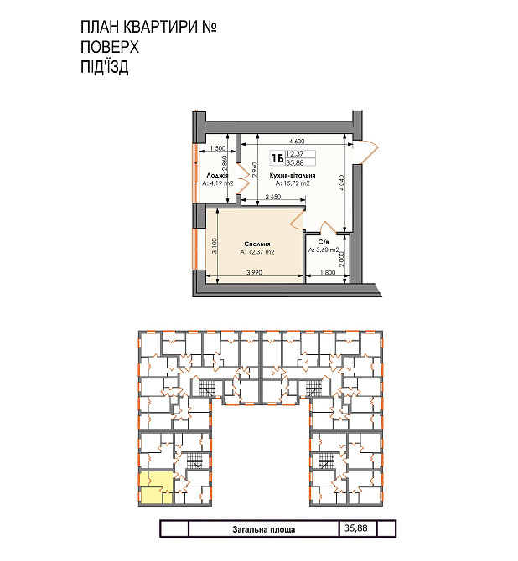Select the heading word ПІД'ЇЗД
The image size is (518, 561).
[105, 68]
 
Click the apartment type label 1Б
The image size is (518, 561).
[277, 157]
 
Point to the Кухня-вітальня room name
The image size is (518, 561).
[293, 176]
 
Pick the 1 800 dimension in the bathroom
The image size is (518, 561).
[328, 274]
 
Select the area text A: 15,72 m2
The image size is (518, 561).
[293, 183]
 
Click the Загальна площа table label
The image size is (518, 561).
[263, 529]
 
